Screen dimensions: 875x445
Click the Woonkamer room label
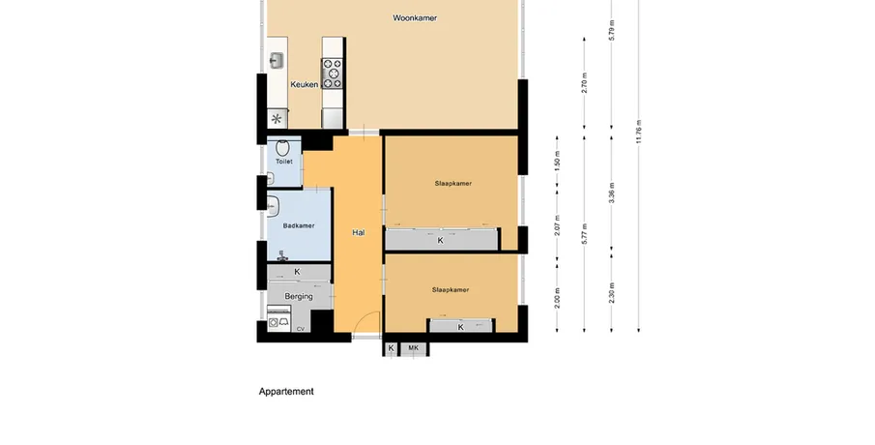click(415, 17)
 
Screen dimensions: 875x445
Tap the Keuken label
click(305, 84)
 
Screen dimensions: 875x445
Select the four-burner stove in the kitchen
click(332, 74)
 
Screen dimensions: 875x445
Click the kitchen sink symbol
click(277, 61)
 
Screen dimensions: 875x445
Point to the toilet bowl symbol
click(283, 148)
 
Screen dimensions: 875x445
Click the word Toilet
click(284, 162)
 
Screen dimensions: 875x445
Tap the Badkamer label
click(299, 225)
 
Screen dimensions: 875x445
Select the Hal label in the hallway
click(359, 232)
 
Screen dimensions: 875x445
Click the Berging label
click(299, 296)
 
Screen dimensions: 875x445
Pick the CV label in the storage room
click(301, 329)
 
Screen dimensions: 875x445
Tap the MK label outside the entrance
click(413, 348)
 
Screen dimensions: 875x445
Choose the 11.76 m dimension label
click(639, 132)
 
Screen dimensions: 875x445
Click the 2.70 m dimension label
click(584, 82)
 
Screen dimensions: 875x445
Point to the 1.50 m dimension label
click(557, 161)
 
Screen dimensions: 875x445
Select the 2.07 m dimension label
click(557, 225)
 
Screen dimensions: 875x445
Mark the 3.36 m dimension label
click(612, 193)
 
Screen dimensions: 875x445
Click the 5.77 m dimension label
click(584, 234)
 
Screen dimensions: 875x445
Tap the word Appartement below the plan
click(286, 392)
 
